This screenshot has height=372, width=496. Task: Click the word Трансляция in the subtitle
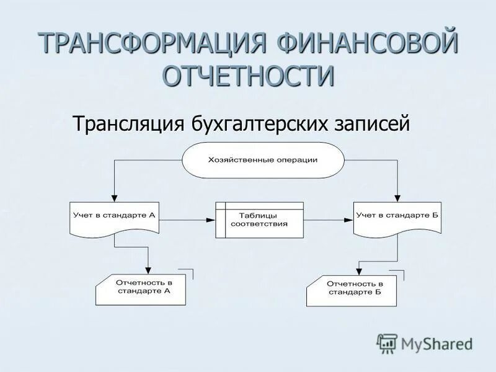coord(127,123)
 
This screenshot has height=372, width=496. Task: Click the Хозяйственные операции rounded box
coord(263,160)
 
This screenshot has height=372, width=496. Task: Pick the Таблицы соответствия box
coord(260,219)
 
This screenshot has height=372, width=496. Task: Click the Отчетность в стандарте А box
coord(141,288)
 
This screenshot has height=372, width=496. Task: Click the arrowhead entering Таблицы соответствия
coord(211,219)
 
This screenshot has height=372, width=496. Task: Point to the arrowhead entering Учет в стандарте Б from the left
coord(349,219)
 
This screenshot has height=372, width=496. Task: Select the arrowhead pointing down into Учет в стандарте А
coord(114,198)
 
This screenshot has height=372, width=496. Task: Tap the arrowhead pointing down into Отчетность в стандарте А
coord(149,270)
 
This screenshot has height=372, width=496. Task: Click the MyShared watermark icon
coord(387,342)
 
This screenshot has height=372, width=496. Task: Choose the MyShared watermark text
coord(436,343)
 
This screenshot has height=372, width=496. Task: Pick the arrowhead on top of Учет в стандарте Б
coord(397,198)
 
